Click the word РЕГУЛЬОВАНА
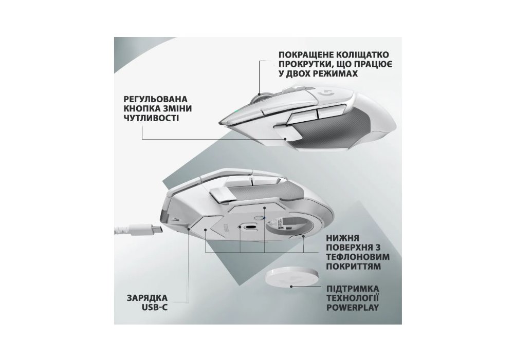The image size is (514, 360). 156,99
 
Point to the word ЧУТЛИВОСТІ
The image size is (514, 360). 152,118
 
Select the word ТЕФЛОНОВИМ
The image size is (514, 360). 358,257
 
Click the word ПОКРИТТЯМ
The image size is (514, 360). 354,267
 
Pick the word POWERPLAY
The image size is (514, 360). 353,308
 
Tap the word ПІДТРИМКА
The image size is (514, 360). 353,289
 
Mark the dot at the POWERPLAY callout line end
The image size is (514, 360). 291,286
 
